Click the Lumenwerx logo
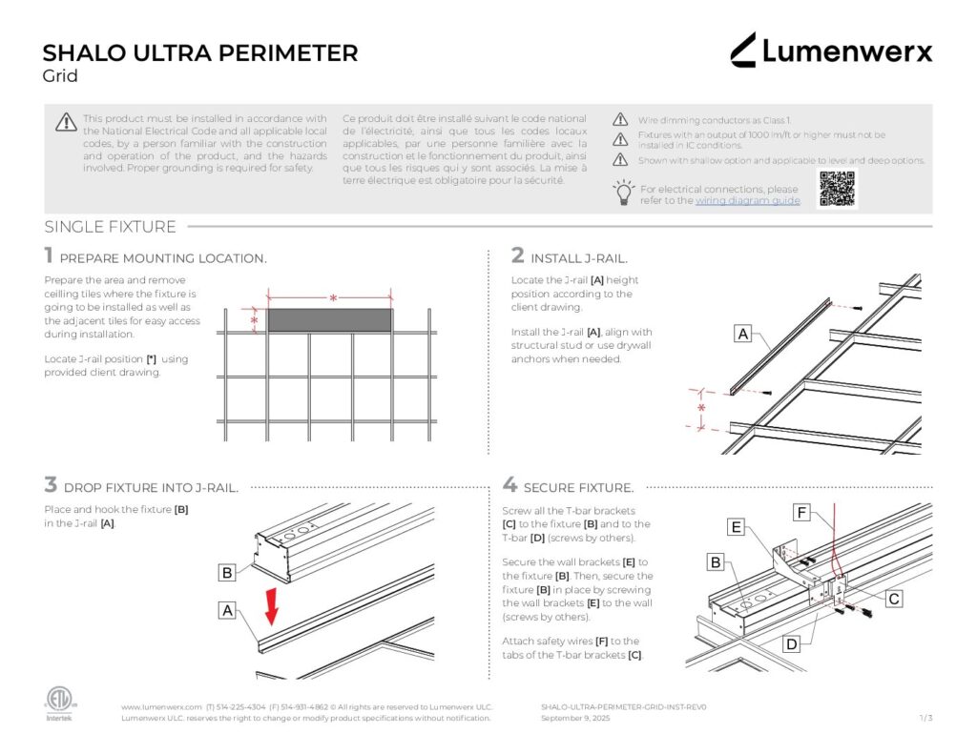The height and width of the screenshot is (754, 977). (831, 51)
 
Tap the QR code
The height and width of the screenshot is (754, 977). (838, 189)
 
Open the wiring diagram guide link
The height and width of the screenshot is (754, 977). (747, 201)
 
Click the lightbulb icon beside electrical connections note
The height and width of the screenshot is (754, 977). (623, 192)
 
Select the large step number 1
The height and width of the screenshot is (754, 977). (49, 255)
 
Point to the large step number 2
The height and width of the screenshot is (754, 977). (518, 255)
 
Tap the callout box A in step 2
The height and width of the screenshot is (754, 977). (742, 334)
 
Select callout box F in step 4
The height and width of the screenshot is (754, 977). (802, 514)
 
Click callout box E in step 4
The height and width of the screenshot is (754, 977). (737, 527)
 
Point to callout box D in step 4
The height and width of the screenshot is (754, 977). (791, 644)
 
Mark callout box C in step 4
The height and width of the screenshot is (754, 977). (894, 599)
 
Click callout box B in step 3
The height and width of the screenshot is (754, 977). (227, 573)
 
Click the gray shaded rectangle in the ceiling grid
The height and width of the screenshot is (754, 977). (329, 319)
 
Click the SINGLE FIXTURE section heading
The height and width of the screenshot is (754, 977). (110, 227)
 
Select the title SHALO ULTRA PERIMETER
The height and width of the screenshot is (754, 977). (200, 52)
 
